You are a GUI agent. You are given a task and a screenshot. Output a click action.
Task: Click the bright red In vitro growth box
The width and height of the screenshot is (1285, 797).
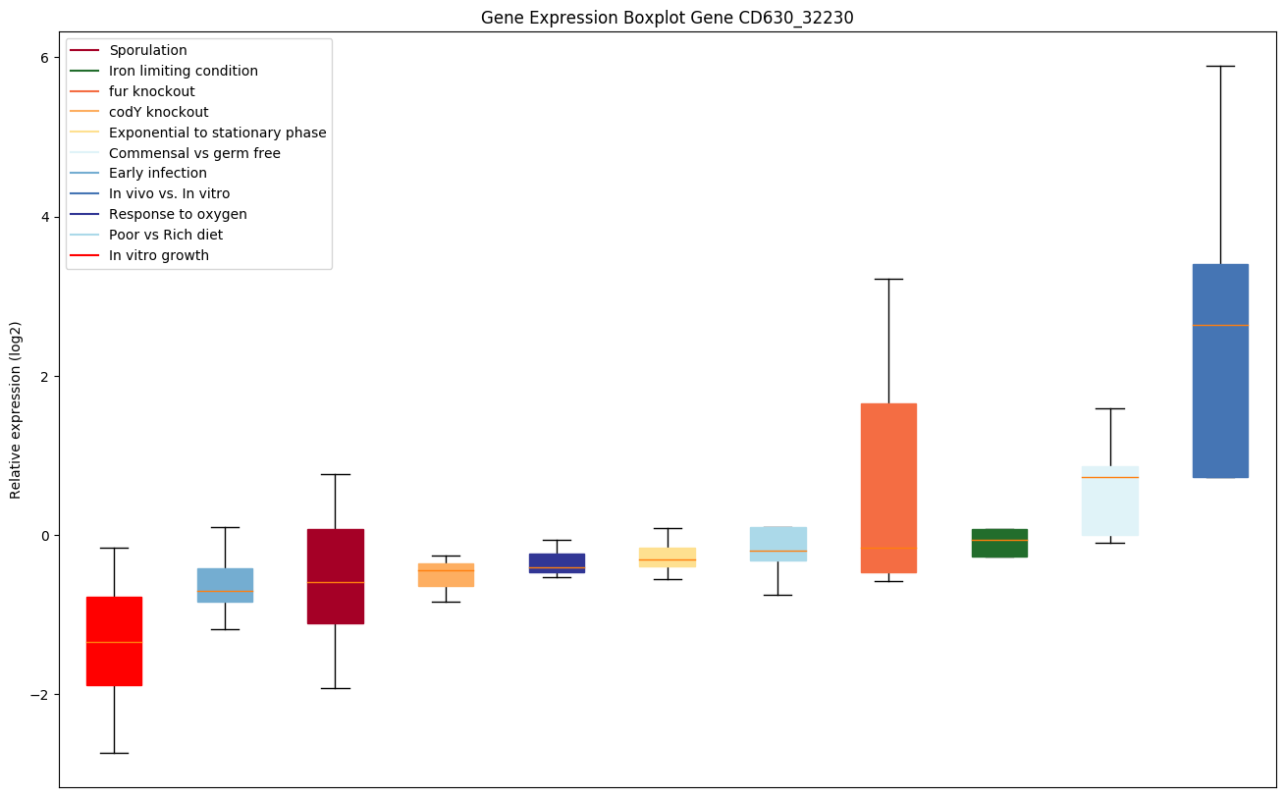click(114, 641)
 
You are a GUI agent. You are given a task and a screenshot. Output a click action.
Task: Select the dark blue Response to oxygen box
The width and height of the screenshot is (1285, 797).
click(557, 562)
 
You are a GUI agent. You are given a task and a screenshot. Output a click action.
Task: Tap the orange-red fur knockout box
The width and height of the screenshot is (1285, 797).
click(888, 488)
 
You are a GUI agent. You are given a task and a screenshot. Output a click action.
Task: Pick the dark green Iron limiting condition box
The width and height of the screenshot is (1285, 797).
click(999, 543)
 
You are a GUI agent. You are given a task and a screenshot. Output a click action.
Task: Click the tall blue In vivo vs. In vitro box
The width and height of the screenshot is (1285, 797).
click(1220, 370)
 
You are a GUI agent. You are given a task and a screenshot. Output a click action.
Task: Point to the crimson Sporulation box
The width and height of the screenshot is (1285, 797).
click(335, 576)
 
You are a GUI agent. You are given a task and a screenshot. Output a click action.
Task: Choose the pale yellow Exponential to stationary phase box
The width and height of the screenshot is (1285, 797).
click(668, 557)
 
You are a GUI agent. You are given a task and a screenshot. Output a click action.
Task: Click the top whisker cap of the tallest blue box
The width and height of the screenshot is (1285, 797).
click(1220, 67)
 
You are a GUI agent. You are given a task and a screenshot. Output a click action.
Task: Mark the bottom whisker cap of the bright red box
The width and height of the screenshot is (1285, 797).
click(114, 753)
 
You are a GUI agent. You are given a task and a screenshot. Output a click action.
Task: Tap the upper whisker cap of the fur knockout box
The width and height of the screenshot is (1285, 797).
click(888, 280)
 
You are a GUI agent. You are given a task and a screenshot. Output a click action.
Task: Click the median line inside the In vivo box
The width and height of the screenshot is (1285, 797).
click(1220, 325)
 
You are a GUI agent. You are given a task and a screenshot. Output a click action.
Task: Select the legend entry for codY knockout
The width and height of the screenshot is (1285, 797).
click(158, 112)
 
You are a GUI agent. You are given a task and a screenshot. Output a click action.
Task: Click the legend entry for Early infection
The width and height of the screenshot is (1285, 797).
click(157, 174)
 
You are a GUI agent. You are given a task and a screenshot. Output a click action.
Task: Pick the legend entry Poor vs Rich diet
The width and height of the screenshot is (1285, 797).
click(166, 236)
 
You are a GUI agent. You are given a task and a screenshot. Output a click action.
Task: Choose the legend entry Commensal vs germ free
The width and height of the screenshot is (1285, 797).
click(194, 153)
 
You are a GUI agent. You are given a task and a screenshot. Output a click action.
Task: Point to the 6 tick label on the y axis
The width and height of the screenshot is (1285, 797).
click(45, 58)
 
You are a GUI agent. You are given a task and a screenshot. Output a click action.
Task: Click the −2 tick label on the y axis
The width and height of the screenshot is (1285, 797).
click(41, 695)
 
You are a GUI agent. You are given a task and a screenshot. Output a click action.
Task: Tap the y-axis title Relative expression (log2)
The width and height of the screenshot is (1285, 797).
click(16, 409)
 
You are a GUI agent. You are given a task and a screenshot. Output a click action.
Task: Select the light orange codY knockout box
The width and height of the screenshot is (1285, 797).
click(446, 575)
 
